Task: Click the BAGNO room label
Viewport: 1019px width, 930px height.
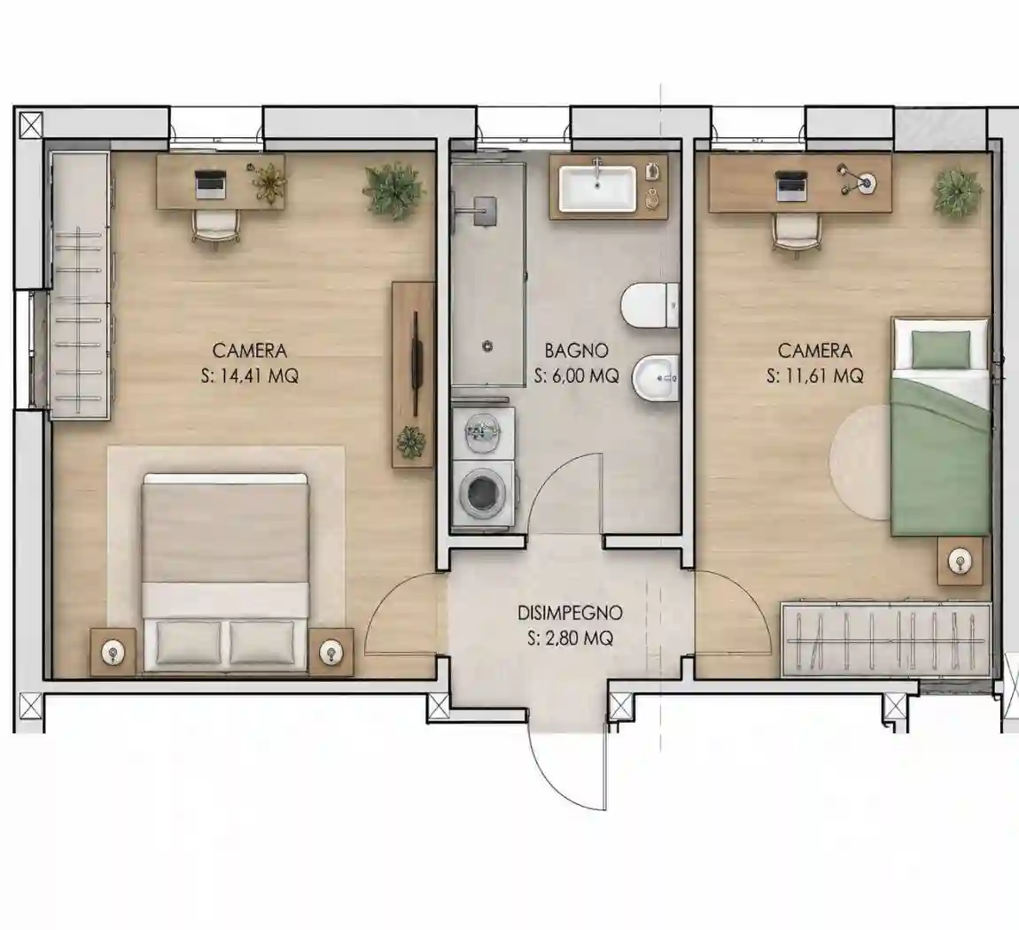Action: click(x=576, y=351)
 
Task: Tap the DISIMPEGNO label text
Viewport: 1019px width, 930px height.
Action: click(x=570, y=612)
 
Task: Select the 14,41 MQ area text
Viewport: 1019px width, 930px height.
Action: click(x=259, y=376)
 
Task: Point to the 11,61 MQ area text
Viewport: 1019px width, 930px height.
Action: click(x=824, y=376)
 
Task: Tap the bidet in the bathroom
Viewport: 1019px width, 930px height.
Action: click(x=656, y=378)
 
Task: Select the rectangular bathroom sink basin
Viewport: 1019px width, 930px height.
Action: click(x=598, y=189)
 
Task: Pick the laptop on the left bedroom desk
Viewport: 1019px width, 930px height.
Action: click(x=210, y=184)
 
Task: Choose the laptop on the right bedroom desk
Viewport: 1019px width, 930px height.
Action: click(x=792, y=184)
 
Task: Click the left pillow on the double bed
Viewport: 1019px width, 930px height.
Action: click(x=189, y=641)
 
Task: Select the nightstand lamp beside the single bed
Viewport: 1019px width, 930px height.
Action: click(x=960, y=562)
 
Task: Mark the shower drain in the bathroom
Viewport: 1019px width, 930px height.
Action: click(x=486, y=347)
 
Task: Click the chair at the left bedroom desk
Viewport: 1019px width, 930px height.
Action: click(x=215, y=228)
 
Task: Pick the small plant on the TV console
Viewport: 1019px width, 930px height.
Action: click(x=411, y=442)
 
